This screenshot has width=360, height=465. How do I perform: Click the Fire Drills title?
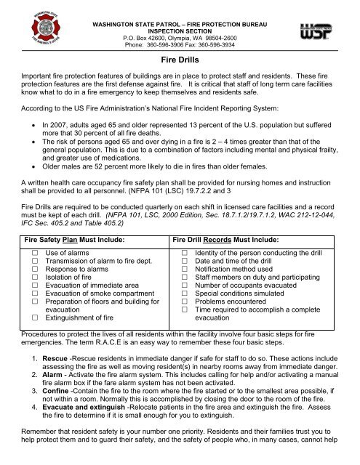pos(180,62)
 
